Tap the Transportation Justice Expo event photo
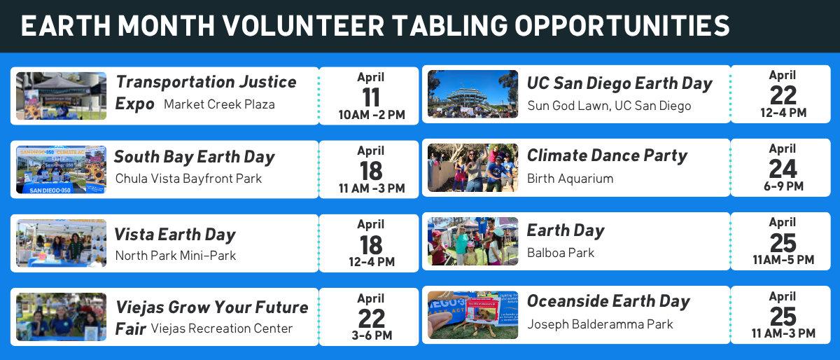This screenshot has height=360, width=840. (x=61, y=96)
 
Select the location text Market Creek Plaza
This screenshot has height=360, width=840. (x=219, y=104)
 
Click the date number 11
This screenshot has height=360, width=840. (x=371, y=97)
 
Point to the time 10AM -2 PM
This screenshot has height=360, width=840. (x=372, y=115)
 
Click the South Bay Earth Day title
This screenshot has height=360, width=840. (x=195, y=157)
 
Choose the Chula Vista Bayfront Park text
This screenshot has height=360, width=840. (x=188, y=179)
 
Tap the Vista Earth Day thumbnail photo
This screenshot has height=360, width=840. (x=61, y=243)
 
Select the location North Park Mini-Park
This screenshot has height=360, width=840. (x=176, y=256)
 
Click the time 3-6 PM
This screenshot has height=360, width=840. (x=372, y=335)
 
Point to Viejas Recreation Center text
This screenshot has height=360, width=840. (x=222, y=328)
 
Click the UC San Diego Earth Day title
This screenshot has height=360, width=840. (x=619, y=83)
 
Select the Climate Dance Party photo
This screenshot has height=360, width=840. (x=472, y=167)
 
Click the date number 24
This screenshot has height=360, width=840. (x=783, y=169)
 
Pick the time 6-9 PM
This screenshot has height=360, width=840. (x=783, y=186)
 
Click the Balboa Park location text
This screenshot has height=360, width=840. (x=561, y=253)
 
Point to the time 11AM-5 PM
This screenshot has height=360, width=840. (x=783, y=260)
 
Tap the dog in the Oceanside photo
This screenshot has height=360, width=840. (x=482, y=321)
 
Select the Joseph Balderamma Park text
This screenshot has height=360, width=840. (x=600, y=324)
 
